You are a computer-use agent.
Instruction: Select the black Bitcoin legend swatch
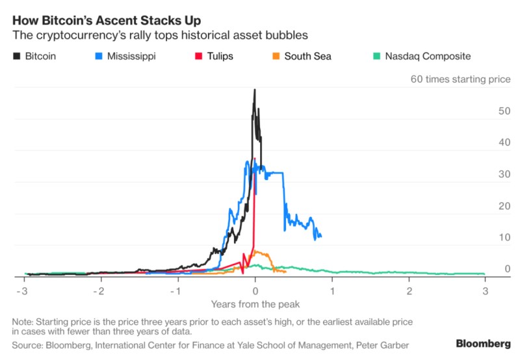click(17, 56)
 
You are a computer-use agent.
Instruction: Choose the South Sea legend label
click(309, 56)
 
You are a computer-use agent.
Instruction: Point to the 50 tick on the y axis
click(486, 110)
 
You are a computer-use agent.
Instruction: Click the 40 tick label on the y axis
click(486, 142)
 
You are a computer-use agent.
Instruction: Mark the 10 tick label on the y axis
click(486, 237)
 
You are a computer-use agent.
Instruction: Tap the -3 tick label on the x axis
click(23, 289)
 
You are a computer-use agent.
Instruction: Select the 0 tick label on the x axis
click(255, 289)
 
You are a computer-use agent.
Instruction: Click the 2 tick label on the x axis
click(409, 289)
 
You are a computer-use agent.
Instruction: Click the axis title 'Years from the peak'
click(255, 303)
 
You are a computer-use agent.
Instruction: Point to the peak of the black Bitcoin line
click(255, 90)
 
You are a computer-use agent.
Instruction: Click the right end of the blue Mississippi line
click(321, 237)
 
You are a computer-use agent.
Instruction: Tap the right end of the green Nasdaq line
click(485, 274)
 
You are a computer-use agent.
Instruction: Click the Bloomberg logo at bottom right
click(482, 342)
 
